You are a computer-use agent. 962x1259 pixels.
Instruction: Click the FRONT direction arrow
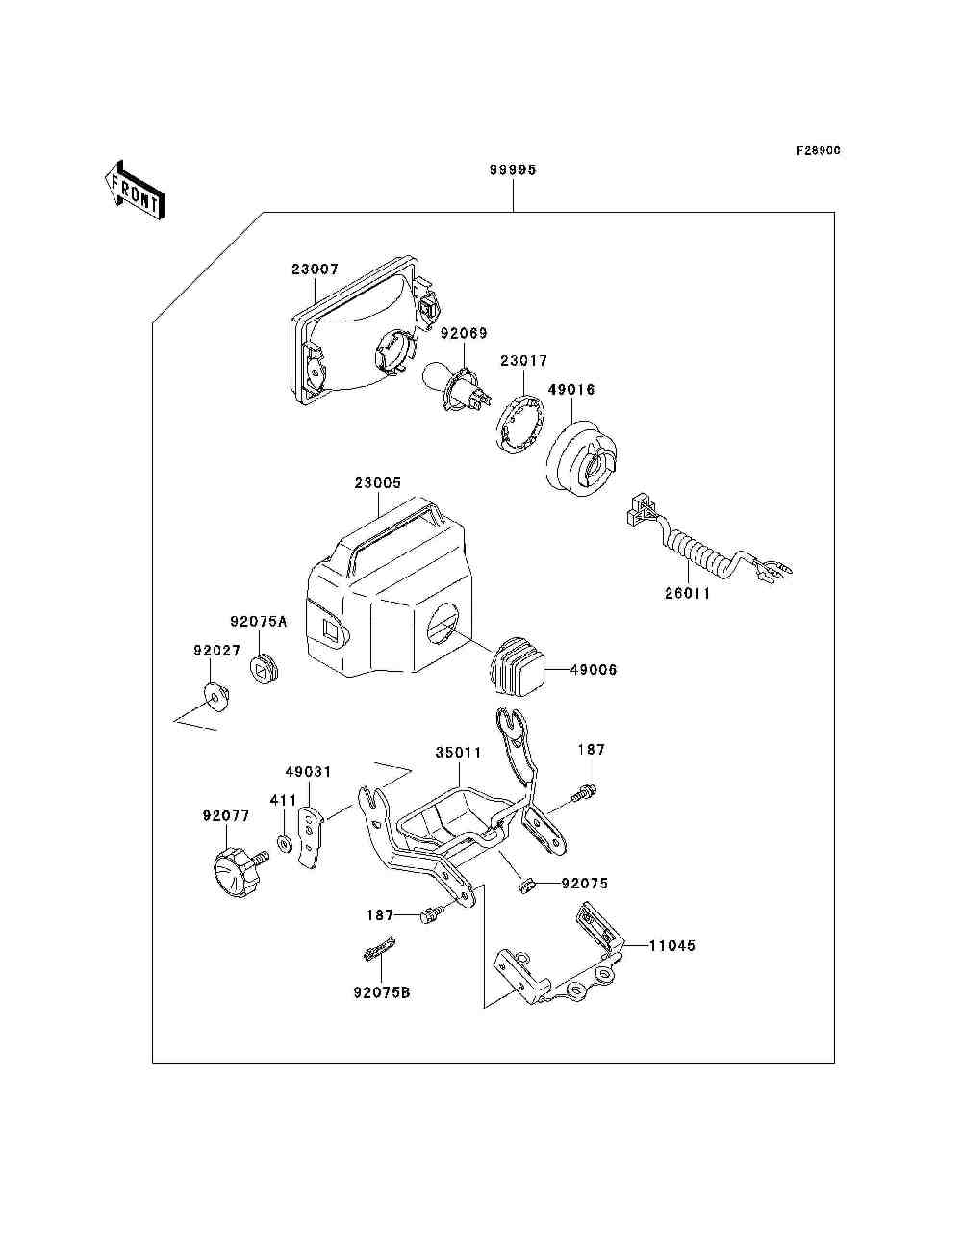(x=135, y=190)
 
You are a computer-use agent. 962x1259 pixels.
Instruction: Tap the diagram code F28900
(x=818, y=150)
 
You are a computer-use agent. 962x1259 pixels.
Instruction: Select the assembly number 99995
(x=513, y=170)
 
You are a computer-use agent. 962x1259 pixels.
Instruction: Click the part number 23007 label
(x=315, y=269)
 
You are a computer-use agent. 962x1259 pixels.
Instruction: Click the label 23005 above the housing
(x=378, y=483)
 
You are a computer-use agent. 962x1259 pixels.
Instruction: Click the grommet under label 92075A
(x=264, y=669)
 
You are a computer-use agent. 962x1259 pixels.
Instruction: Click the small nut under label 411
(x=284, y=843)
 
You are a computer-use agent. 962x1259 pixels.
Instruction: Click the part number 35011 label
(x=459, y=752)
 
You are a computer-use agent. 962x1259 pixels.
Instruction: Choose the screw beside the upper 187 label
(x=584, y=793)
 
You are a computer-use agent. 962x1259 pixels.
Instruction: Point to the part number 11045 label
(x=671, y=945)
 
